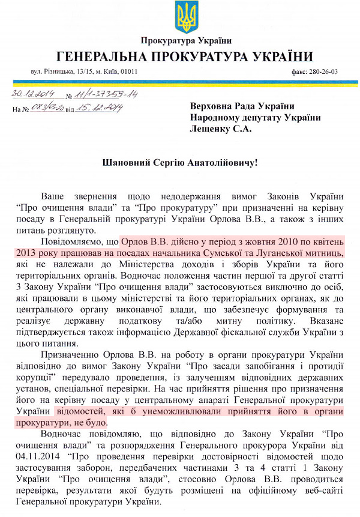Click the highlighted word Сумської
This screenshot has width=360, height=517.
[243, 253]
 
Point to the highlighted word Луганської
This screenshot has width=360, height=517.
[297, 253]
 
